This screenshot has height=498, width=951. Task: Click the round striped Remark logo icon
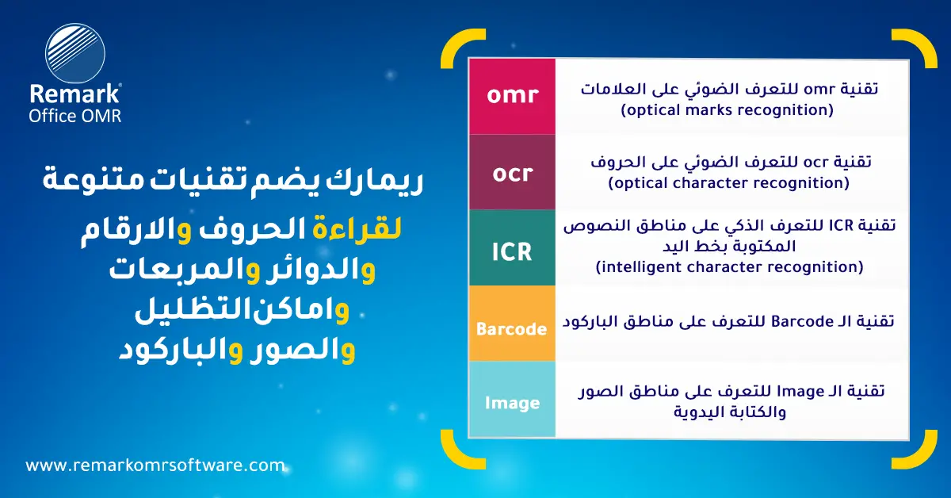tap(75, 54)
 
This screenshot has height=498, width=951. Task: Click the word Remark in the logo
tap(74, 94)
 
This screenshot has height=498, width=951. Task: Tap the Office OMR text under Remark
tap(75, 116)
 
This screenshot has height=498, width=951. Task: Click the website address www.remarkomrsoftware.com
tap(155, 465)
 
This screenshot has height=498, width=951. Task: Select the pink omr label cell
tap(512, 97)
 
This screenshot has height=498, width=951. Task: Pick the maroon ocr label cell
tap(512, 172)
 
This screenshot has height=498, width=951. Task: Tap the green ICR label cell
tap(512, 247)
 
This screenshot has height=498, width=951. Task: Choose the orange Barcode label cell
tap(512, 324)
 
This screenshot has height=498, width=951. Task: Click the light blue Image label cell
tap(512, 399)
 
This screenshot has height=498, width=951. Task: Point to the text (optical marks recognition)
tap(728, 110)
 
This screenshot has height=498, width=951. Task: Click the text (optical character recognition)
tap(728, 183)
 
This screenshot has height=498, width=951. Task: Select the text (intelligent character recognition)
tap(729, 268)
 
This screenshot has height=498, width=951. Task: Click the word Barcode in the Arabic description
tap(802, 322)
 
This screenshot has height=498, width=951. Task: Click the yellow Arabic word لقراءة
tap(357, 229)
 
